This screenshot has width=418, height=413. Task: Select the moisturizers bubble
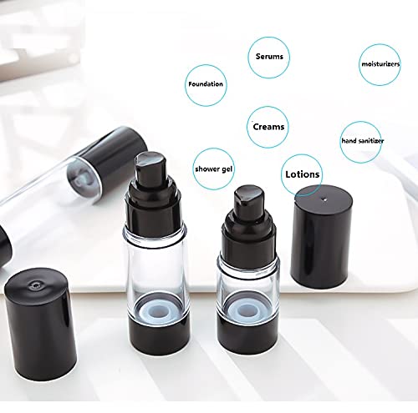point(381,63)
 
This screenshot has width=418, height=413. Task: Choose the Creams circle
point(268,127)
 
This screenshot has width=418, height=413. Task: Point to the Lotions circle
point(302,175)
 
